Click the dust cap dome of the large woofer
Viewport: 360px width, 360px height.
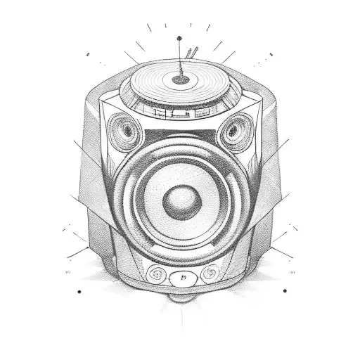178,202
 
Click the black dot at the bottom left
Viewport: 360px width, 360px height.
79,290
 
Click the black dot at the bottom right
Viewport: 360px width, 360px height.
285,290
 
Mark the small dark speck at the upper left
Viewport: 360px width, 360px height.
88,53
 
